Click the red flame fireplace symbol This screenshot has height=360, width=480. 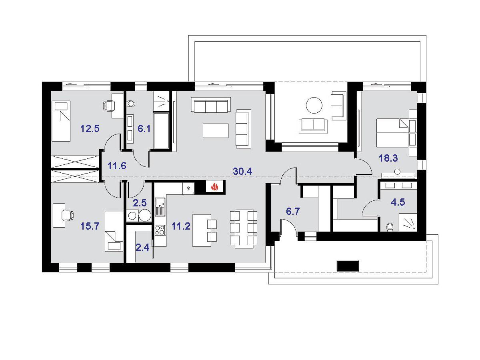pyautogui.click(x=214, y=187)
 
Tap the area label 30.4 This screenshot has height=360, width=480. pyautogui.click(x=242, y=171)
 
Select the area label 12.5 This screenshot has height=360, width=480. pyautogui.click(x=90, y=128)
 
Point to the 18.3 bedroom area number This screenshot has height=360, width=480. pyautogui.click(x=388, y=158)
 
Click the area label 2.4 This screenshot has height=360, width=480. pyautogui.click(x=142, y=248)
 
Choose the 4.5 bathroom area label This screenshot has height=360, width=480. pyautogui.click(x=398, y=202)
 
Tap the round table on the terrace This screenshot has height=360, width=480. pyautogui.click(x=314, y=105)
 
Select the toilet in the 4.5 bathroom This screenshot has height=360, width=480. pyautogui.click(x=390, y=227)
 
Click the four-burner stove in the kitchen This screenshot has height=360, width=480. pyautogui.click(x=160, y=230)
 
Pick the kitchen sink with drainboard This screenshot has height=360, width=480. pyautogui.click(x=160, y=206)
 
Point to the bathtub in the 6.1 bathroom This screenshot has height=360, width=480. pyautogui.click(x=161, y=131)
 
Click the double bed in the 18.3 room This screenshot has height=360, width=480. pyautogui.click(x=392, y=133)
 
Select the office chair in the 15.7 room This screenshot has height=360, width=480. pyautogui.click(x=67, y=215)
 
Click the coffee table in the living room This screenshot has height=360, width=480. pyautogui.click(x=215, y=131)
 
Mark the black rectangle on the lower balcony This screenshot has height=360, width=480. pyautogui.click(x=348, y=266)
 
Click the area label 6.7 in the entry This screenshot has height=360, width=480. pyautogui.click(x=292, y=211)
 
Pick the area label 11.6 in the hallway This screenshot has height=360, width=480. pyautogui.click(x=117, y=166)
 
